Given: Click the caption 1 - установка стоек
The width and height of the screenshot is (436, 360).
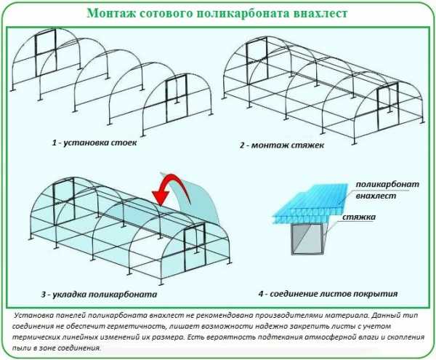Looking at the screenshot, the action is click(94, 143).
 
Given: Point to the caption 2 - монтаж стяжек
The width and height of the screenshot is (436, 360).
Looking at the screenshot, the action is click(282, 145).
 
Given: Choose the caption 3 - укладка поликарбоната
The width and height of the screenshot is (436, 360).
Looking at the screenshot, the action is click(100, 294).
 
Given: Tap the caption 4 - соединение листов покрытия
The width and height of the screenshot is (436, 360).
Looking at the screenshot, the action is click(328, 294).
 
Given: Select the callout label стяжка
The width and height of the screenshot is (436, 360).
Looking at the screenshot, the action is click(359, 217).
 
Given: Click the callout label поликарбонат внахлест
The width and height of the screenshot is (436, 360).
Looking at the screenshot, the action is click(387, 190).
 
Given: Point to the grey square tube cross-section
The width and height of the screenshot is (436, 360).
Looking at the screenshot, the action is click(307, 239).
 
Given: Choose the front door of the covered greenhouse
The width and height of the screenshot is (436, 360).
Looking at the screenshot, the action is click(195, 247).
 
